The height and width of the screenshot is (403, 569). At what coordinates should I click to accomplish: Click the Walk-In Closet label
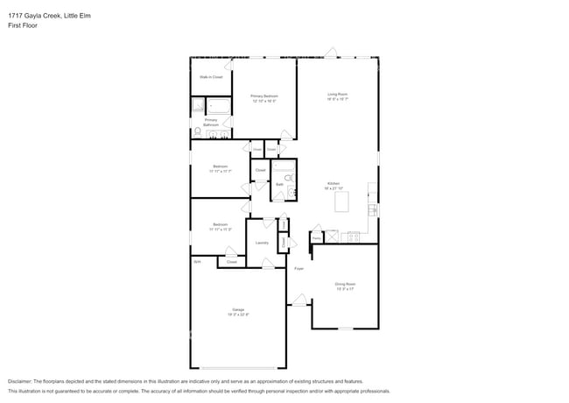tap(210, 77)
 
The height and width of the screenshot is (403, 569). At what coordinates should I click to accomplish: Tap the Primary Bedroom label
tap(263, 98)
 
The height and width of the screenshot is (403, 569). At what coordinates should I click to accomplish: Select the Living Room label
tap(338, 95)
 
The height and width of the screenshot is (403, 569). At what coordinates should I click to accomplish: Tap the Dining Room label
tap(345, 286)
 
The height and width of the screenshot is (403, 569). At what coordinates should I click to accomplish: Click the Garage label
tap(238, 311)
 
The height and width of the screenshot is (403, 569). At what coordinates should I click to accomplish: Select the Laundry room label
tap(261, 243)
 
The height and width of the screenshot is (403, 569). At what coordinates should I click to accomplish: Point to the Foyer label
tap(299, 268)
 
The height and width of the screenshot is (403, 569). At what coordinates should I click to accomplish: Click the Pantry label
tap(316, 237)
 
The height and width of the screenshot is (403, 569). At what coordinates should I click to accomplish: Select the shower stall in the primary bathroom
tap(198, 107)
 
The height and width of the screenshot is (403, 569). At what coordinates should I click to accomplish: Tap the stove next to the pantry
tap(354, 236)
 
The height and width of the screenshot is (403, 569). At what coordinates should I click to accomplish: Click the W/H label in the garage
tap(197, 261)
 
